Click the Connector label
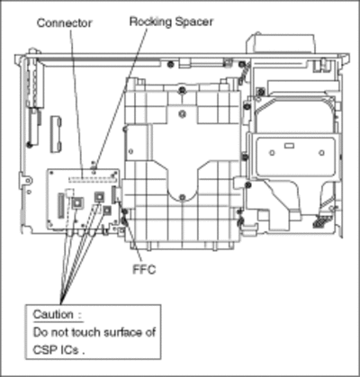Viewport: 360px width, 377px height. pos(64,23)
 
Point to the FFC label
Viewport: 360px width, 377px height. pos(144,270)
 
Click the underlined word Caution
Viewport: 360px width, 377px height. pos(53,314)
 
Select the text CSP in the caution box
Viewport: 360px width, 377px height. pos(43,350)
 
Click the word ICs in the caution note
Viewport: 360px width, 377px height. pos(67,350)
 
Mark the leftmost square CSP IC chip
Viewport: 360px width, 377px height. pos(77,203)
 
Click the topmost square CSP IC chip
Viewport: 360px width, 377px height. pos(99,197)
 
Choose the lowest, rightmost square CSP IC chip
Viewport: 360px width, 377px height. pos(107,211)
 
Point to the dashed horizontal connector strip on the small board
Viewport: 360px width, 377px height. pos(92,180)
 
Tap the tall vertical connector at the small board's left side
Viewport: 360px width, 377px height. pos(61,205)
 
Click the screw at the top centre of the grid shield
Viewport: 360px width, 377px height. pos(181,90)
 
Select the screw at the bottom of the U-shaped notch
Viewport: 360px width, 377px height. pos(182,197)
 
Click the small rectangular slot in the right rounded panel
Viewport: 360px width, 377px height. pos(289,146)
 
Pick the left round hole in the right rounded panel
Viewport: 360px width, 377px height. pos(272,153)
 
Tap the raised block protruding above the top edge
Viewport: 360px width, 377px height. pos(281,43)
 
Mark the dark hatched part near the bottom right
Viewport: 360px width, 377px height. pos(319,222)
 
